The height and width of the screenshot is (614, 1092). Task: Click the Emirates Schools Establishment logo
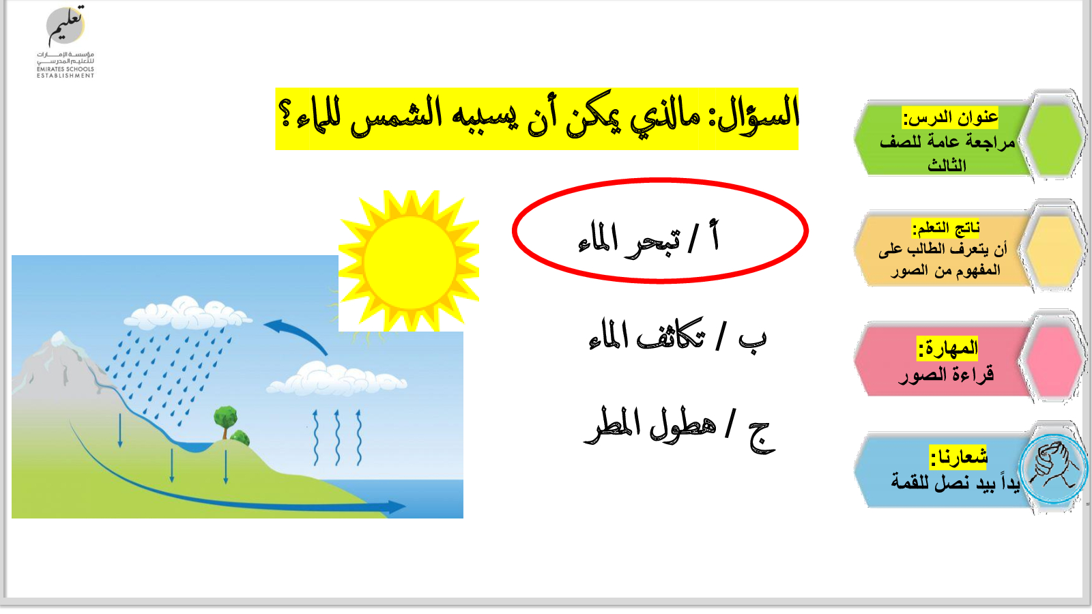pos(66,42)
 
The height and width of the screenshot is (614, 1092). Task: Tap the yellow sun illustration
pos(409,262)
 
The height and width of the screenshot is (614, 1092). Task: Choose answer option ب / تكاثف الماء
pos(678,336)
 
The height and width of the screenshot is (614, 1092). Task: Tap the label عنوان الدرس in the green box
pos(949,117)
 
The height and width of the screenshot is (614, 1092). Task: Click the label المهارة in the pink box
pos(947,348)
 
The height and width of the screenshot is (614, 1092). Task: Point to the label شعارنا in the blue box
pos(958,456)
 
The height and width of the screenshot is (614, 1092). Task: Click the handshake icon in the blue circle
pos(1053,468)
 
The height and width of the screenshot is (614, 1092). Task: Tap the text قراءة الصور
pos(946,375)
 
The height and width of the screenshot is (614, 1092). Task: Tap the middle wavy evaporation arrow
pos(337,437)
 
